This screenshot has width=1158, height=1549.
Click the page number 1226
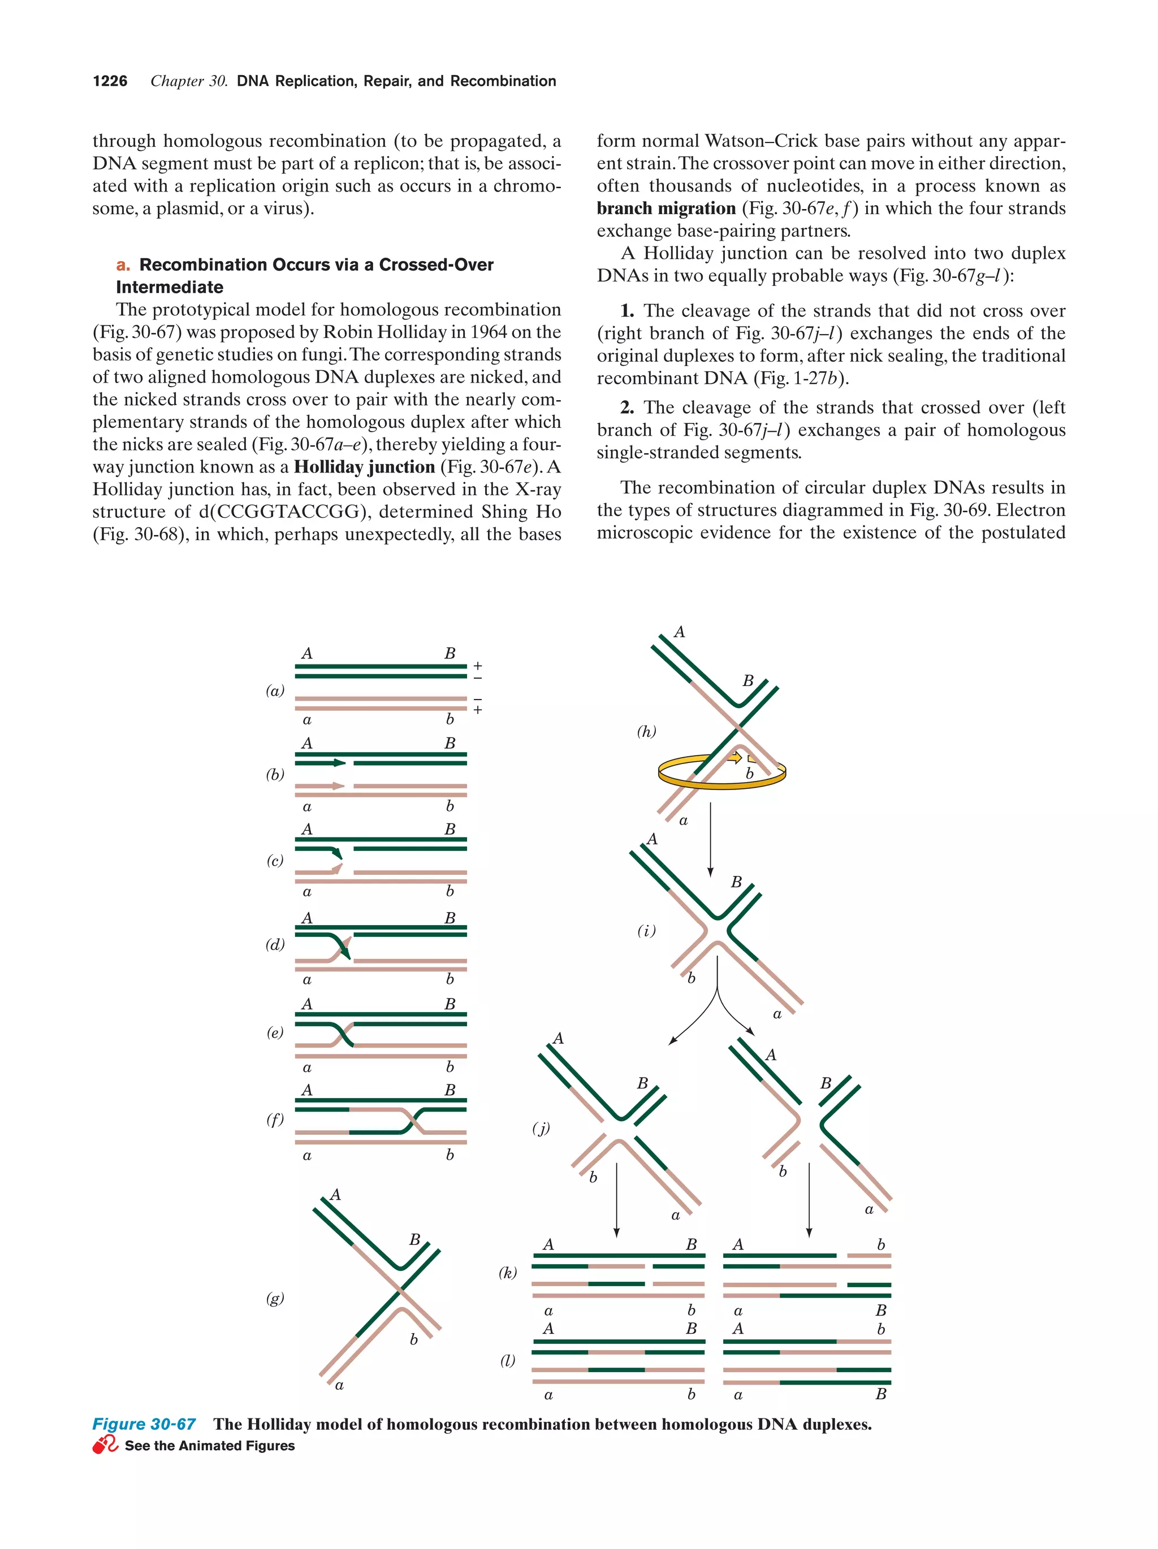point(110,81)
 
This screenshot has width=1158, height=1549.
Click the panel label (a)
point(275,691)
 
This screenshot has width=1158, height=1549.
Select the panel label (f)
point(275,1119)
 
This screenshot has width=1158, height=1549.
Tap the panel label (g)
point(275,1298)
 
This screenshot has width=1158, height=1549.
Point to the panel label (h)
point(646,732)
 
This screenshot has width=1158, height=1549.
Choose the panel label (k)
point(508,1273)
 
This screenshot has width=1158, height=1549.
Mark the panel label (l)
point(508,1360)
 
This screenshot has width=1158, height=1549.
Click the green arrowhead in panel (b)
point(340,762)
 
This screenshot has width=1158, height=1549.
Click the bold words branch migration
point(666,209)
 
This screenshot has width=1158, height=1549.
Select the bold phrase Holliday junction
point(364,467)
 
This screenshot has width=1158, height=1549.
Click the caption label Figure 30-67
point(144,1424)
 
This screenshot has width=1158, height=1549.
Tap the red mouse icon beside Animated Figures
point(105,1444)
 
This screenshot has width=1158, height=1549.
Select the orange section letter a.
point(123,264)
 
